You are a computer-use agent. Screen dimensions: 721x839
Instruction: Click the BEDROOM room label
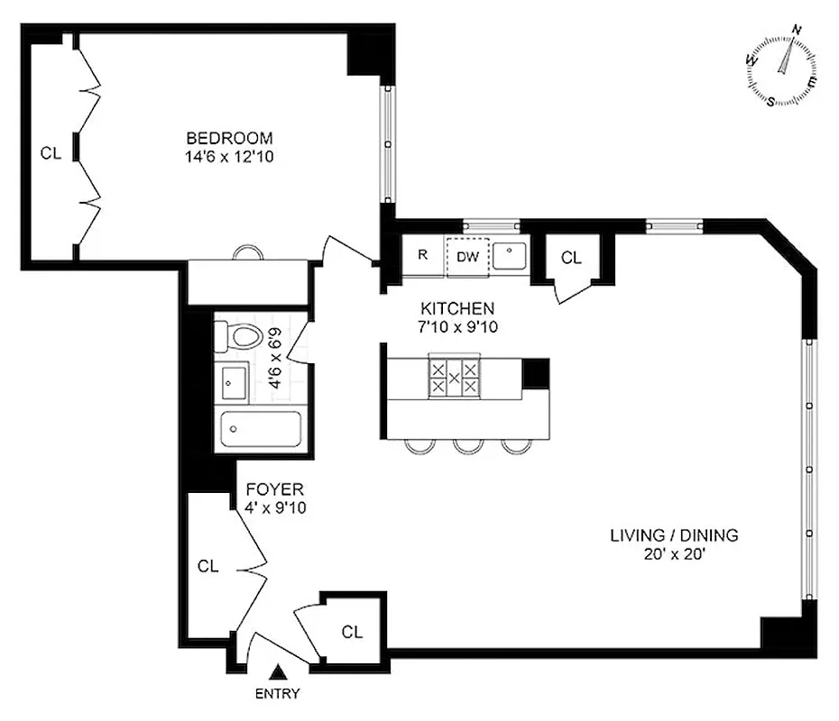pyautogui.click(x=229, y=138)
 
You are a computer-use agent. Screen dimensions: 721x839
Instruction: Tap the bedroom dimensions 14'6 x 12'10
pyautogui.click(x=229, y=155)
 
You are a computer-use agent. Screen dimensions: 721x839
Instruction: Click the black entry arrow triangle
pyautogui.click(x=280, y=671)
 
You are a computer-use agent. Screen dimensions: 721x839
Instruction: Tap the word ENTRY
pyautogui.click(x=278, y=694)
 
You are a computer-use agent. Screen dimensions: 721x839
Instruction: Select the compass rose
pyautogui.click(x=782, y=69)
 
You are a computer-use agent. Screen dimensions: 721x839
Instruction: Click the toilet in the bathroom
pyautogui.click(x=242, y=338)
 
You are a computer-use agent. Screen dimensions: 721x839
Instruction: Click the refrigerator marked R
pyautogui.click(x=422, y=255)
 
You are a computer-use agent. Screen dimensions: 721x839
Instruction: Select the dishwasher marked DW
pyautogui.click(x=466, y=255)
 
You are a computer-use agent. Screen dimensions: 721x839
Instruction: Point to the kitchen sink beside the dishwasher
pyautogui.click(x=511, y=255)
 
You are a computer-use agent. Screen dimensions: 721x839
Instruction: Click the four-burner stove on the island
pyautogui.click(x=454, y=378)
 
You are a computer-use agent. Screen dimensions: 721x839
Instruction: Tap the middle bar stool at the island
pyautogui.click(x=466, y=445)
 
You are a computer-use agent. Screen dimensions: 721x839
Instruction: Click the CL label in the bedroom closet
pyautogui.click(x=51, y=153)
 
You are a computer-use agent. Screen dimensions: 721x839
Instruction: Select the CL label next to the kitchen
pyautogui.click(x=572, y=258)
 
